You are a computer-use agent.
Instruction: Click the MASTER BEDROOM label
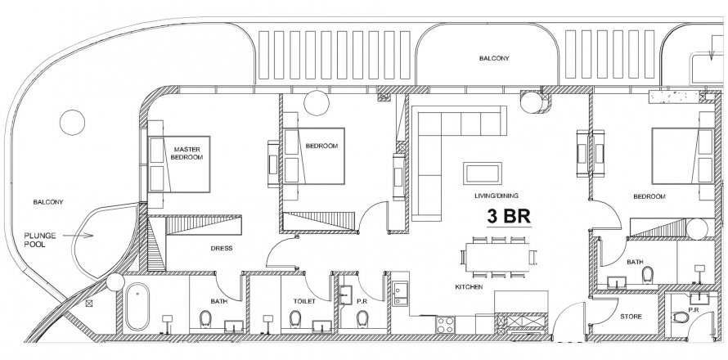(186, 153)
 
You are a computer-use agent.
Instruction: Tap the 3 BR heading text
(509, 216)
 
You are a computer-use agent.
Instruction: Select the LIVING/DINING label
(497, 196)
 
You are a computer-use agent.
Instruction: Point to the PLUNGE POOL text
(40, 240)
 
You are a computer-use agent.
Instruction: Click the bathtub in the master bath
(137, 307)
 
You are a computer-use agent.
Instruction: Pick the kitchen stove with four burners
(446, 324)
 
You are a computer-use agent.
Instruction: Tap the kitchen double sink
(400, 294)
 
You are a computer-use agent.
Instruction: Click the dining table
(497, 258)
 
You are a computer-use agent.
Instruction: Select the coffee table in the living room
(483, 173)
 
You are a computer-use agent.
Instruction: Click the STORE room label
(631, 317)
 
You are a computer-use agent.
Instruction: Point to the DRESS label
(222, 248)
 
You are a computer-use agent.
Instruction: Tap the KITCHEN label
(469, 287)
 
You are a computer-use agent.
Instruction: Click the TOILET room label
(304, 301)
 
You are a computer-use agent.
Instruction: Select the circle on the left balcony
(73, 123)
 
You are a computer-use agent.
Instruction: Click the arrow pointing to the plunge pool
(78, 236)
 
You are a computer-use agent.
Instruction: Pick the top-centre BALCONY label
(494, 58)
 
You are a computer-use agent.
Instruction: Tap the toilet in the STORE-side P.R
(681, 317)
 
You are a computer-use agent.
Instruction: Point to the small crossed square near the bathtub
(89, 304)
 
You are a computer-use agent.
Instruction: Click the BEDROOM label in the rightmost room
(649, 196)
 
